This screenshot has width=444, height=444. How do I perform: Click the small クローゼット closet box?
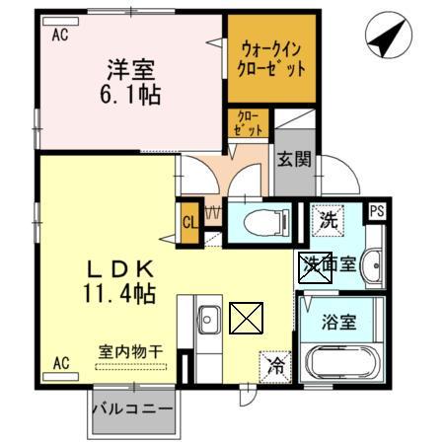(x=249, y=123)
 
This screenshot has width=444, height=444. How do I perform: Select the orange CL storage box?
(x=189, y=220)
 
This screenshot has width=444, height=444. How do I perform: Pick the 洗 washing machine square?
(x=326, y=220)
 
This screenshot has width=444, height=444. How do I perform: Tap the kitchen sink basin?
(x=208, y=321)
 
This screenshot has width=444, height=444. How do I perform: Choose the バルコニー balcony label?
(x=133, y=408)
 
